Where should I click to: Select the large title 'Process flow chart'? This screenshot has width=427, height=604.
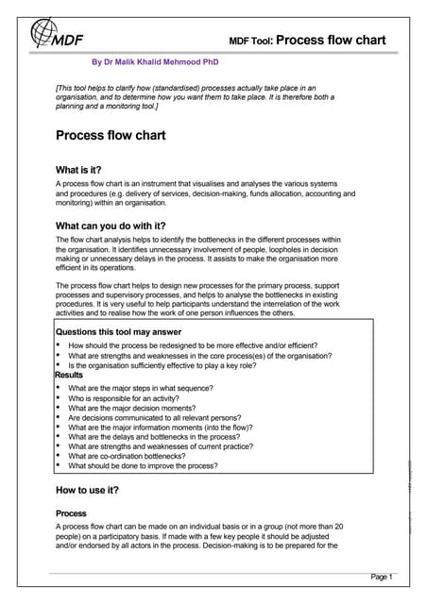[x=111, y=135]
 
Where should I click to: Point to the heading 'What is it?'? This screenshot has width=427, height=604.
[x=86, y=170]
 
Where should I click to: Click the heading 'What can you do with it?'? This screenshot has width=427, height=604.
[x=111, y=226]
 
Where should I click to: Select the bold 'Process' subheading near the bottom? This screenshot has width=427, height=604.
[x=72, y=512]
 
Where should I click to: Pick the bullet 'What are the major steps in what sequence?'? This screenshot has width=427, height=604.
[x=150, y=388]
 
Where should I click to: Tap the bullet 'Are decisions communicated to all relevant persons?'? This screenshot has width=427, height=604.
[x=167, y=421]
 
